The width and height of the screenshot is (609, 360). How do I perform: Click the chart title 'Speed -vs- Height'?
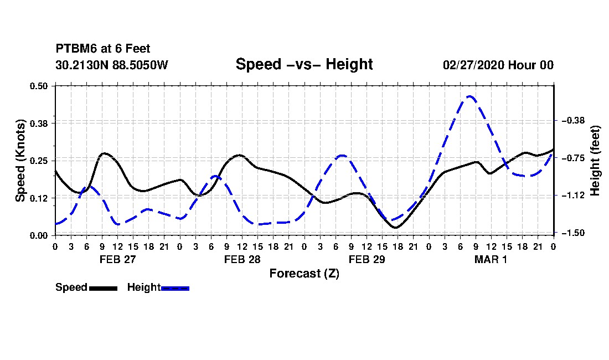[x=304, y=64]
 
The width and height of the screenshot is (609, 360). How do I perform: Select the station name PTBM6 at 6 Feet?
[x=103, y=49]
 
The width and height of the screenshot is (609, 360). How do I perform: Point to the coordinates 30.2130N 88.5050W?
[x=112, y=65]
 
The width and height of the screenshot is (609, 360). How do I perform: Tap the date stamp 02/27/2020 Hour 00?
[x=498, y=65]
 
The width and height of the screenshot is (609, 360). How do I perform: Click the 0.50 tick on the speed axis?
[x=38, y=86]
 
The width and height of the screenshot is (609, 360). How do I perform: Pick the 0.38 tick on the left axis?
[x=38, y=124]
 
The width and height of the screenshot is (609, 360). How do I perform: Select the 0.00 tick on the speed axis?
[x=38, y=236]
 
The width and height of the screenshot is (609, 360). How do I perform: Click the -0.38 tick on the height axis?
[x=573, y=120]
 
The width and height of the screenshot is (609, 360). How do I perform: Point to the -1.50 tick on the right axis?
[x=573, y=233]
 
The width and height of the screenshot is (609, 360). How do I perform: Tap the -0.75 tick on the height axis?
[x=573, y=158]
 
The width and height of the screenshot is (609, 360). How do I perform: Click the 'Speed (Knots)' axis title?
[x=20, y=161]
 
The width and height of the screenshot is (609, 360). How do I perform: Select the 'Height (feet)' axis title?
[x=595, y=161]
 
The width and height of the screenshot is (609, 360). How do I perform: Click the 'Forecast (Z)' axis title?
[x=304, y=274]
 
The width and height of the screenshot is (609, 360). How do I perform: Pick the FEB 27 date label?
[x=118, y=259]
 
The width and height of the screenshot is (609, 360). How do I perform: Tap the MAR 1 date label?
[x=491, y=259]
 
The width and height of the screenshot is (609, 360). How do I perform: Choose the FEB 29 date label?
[x=367, y=259]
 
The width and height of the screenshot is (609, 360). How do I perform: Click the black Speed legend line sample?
[x=104, y=288]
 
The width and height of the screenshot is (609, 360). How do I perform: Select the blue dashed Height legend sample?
[x=175, y=288]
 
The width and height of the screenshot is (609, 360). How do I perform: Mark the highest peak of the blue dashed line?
[x=469, y=96]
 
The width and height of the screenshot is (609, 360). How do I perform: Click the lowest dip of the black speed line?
[x=396, y=228]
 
